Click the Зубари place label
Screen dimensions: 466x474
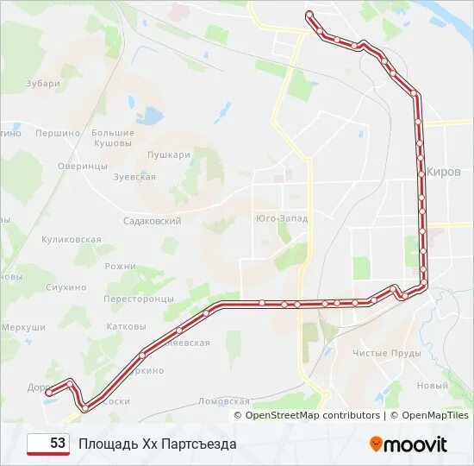pos(43,84)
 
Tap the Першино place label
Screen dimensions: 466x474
pos(58,133)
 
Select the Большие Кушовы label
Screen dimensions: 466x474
pos(113,138)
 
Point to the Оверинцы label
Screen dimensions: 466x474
pos(83,166)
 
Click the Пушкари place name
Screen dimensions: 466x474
pos(168,155)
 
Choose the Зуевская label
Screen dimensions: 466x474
pos(134,177)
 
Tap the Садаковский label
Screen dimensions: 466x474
pos(153,221)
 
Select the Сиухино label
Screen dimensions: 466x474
pos(66,287)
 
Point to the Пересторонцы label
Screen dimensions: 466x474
pos(139,299)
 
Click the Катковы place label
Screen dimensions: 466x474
pos(126,327)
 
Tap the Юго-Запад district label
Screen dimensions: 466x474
pos(282,218)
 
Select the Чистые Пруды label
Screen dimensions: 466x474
pos(387,353)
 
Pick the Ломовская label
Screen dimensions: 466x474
pos(224,401)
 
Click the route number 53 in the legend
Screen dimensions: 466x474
pos(58,444)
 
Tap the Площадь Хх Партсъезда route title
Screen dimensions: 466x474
pos(157,444)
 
